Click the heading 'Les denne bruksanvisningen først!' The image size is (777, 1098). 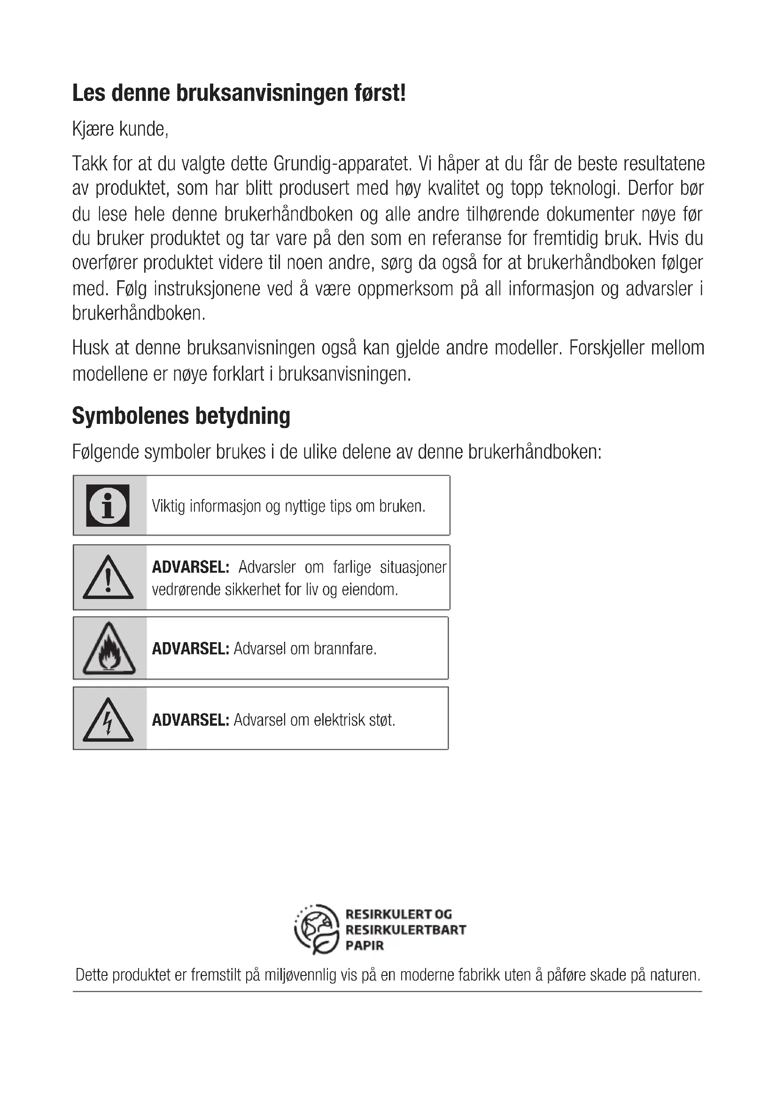tap(239, 93)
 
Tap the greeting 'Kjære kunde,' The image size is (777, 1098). tap(120, 129)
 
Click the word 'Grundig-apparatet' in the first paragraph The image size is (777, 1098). tap(342, 163)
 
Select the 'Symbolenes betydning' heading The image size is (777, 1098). tap(181, 415)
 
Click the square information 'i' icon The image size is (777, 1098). tap(108, 506)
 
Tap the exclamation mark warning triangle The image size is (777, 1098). tap(108, 578)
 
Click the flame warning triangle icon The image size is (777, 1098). tap(109, 649)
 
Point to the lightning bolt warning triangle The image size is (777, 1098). tap(108, 720)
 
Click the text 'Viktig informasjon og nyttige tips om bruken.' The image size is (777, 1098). tap(288, 506)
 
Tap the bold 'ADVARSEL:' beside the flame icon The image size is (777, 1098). tap(190, 649)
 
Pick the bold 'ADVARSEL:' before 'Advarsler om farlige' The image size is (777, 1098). tap(190, 567)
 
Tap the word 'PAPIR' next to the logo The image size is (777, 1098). tap(365, 945)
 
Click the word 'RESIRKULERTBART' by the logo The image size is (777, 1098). tap(405, 929)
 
